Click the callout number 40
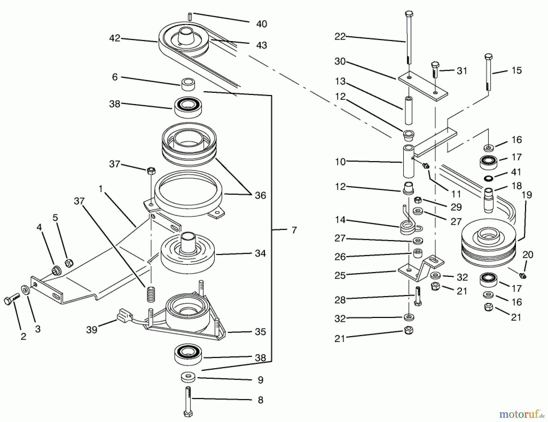tap(262, 24)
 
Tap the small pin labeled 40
tap(189, 16)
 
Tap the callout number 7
tap(294, 230)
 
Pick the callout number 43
tap(262, 45)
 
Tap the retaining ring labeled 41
tap(488, 178)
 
